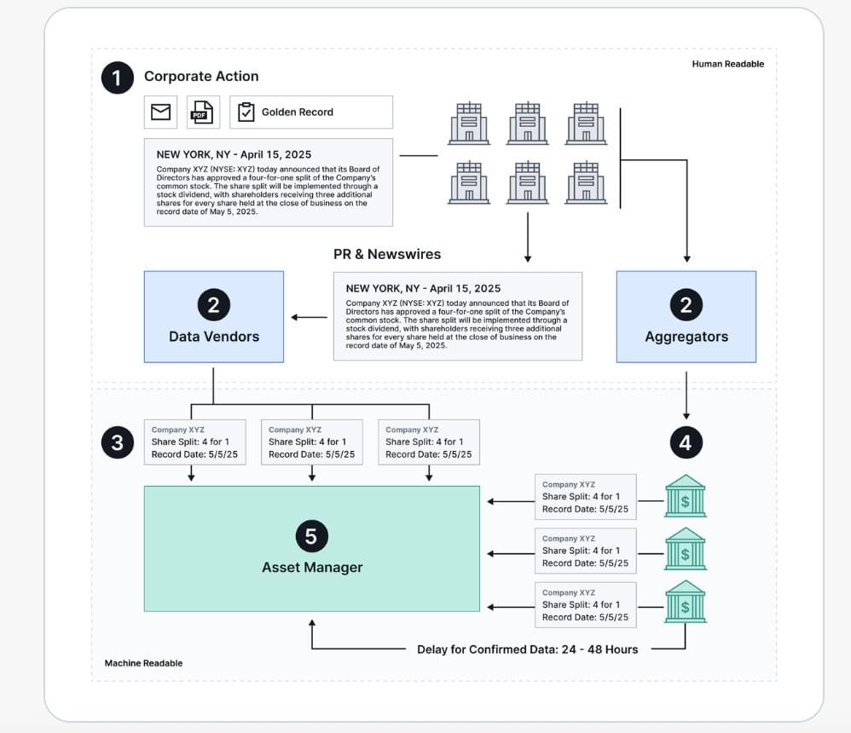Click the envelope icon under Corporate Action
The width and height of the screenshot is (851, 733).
click(160, 112)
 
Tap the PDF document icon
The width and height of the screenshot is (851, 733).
click(202, 112)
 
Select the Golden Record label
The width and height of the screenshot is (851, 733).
click(297, 112)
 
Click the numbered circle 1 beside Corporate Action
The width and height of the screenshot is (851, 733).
click(117, 78)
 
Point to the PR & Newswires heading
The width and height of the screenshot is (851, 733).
click(387, 254)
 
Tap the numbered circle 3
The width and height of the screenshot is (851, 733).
click(117, 442)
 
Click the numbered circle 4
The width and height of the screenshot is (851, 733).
click(686, 442)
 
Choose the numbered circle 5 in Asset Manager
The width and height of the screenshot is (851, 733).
click(311, 536)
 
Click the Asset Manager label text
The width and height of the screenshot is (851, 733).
click(311, 567)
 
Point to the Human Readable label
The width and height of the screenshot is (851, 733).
click(727, 64)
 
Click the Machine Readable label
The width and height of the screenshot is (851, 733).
click(143, 663)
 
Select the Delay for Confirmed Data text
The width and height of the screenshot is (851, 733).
click(527, 649)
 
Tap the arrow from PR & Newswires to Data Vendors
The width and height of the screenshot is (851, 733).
click(309, 318)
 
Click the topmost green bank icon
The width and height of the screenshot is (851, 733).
click(686, 496)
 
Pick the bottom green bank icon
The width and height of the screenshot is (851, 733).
click(686, 602)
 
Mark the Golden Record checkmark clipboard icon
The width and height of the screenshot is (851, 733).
click(246, 112)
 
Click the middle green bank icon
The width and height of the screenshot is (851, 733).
click(686, 549)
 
